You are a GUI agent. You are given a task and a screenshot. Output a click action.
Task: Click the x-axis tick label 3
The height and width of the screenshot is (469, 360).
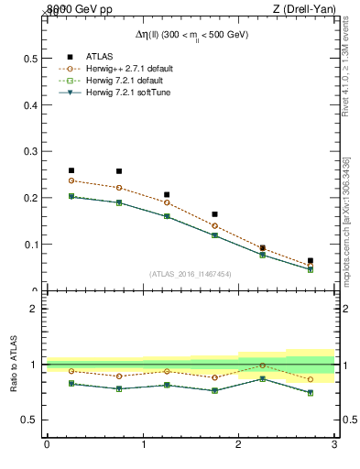335,444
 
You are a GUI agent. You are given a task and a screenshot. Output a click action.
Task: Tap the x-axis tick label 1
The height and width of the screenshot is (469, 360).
143,444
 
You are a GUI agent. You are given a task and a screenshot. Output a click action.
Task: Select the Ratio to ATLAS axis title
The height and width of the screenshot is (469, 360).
15,365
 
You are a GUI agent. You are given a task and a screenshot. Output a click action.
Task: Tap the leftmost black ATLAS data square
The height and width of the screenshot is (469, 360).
71,170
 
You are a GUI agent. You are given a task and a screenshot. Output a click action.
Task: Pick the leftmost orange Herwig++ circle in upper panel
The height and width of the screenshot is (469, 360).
71,180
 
